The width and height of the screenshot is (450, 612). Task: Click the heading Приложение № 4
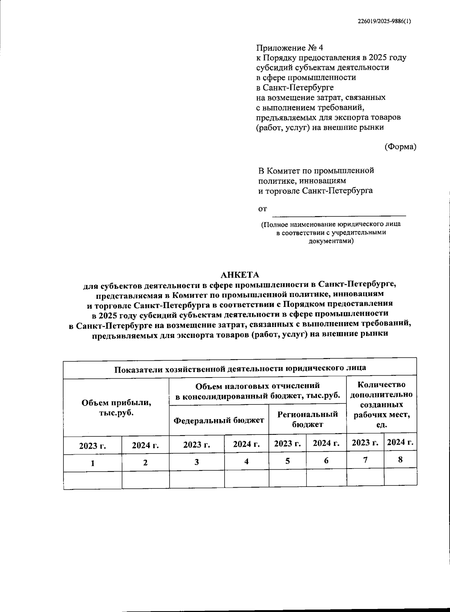tap(289, 48)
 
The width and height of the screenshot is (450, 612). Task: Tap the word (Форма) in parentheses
tap(400, 147)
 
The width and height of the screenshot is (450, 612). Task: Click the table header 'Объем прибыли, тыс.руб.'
tap(116, 408)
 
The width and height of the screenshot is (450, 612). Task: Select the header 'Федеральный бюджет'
tap(219, 420)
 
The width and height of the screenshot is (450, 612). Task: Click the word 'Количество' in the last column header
tap(381, 385)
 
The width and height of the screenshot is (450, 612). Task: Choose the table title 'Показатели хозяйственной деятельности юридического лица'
tap(240, 368)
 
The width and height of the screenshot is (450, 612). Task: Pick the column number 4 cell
tap(246, 461)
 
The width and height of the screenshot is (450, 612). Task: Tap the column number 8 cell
tap(400, 459)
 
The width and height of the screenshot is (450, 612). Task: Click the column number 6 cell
tap(326, 461)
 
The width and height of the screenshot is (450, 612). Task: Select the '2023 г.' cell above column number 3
tap(196, 445)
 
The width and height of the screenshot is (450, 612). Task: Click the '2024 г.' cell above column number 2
tap(145, 445)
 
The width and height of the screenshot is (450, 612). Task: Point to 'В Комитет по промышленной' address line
tap(316, 171)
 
